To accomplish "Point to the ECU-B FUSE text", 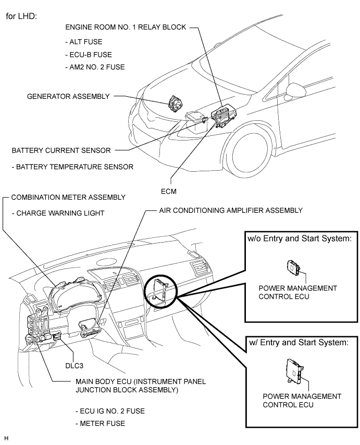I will pos(92,54).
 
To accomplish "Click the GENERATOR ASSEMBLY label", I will pos(69,96).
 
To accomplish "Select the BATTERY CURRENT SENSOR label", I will pos(61,150).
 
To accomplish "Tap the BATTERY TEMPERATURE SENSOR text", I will pos(72,167).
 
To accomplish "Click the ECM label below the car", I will pos(169,191).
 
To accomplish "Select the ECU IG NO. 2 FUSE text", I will pos(109,411).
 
